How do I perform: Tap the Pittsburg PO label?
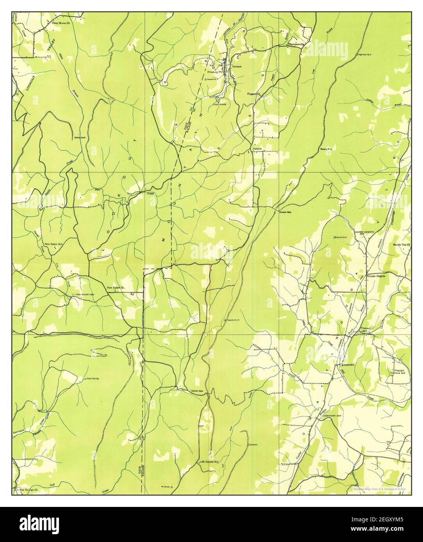[x=214, y=72]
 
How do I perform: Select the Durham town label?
[x=237, y=67]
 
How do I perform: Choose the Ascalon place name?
[x=257, y=149]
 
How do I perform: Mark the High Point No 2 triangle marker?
[x=357, y=53]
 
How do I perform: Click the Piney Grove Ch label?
[x=62, y=23]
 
